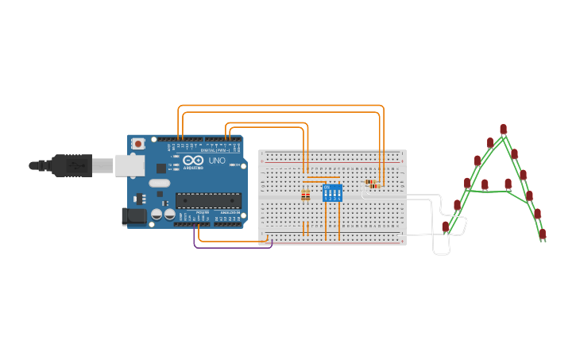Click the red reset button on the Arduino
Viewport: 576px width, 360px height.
tap(138, 144)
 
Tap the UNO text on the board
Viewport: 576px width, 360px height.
tap(217, 161)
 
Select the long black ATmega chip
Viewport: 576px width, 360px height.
tap(208, 200)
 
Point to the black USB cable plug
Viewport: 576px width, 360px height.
tap(72, 165)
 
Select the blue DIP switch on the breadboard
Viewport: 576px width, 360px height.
tap(332, 193)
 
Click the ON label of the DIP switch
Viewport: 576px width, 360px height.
tap(327, 187)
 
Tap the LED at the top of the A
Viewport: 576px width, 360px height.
tap(503, 129)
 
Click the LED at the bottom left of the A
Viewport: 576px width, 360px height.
tap(446, 226)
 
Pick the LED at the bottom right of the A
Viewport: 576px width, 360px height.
tap(543, 234)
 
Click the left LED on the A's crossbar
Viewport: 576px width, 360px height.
tap(485, 184)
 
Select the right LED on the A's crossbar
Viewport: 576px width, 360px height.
tap(508, 184)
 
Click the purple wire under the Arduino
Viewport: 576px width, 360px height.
tap(230, 247)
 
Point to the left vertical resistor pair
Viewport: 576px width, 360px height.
tap(306, 195)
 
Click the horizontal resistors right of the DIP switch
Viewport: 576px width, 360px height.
tap(371, 184)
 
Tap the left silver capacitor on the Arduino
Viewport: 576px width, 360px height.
tap(157, 214)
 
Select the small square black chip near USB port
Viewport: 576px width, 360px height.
tap(161, 168)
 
